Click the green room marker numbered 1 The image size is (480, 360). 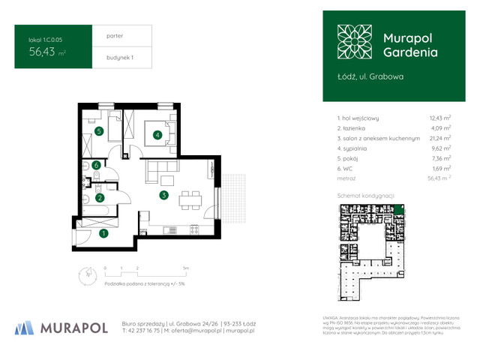(103, 233)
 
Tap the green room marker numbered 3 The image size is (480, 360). (163, 195)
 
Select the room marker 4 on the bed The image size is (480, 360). (157, 135)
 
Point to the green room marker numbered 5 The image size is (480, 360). (98, 131)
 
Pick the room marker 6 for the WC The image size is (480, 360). (96, 165)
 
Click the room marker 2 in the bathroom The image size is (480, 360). (98, 198)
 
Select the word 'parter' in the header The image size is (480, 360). (105, 35)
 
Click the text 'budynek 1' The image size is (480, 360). (109, 58)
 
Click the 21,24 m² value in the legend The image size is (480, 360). (439, 138)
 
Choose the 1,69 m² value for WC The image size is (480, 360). (441, 169)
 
